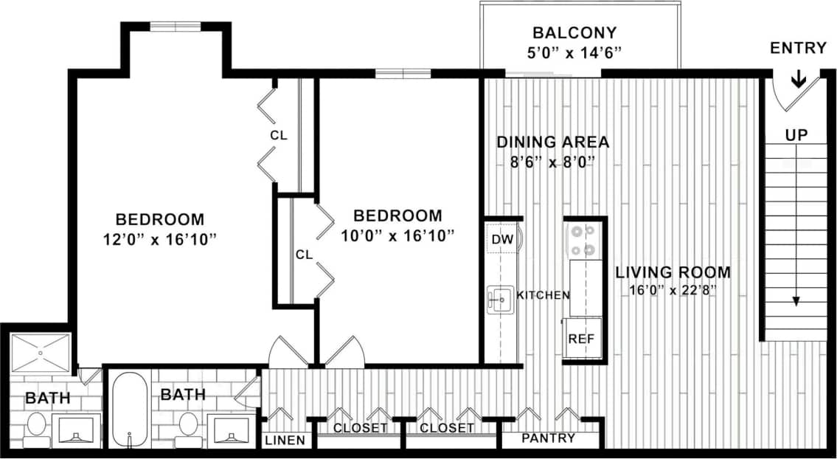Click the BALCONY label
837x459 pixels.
coord(574,33)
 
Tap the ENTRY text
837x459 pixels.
coord(798,49)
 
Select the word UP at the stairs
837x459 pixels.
coord(796,135)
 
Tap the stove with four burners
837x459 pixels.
coord(583,240)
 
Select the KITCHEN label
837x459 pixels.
coord(543,295)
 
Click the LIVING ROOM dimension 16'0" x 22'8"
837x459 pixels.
coord(673,290)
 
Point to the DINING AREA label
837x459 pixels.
coord(552,142)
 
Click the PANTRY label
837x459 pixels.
coord(548,438)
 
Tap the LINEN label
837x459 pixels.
coord(284,441)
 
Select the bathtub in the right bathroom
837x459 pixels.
coord(131,408)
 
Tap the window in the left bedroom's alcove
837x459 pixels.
coord(176,28)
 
